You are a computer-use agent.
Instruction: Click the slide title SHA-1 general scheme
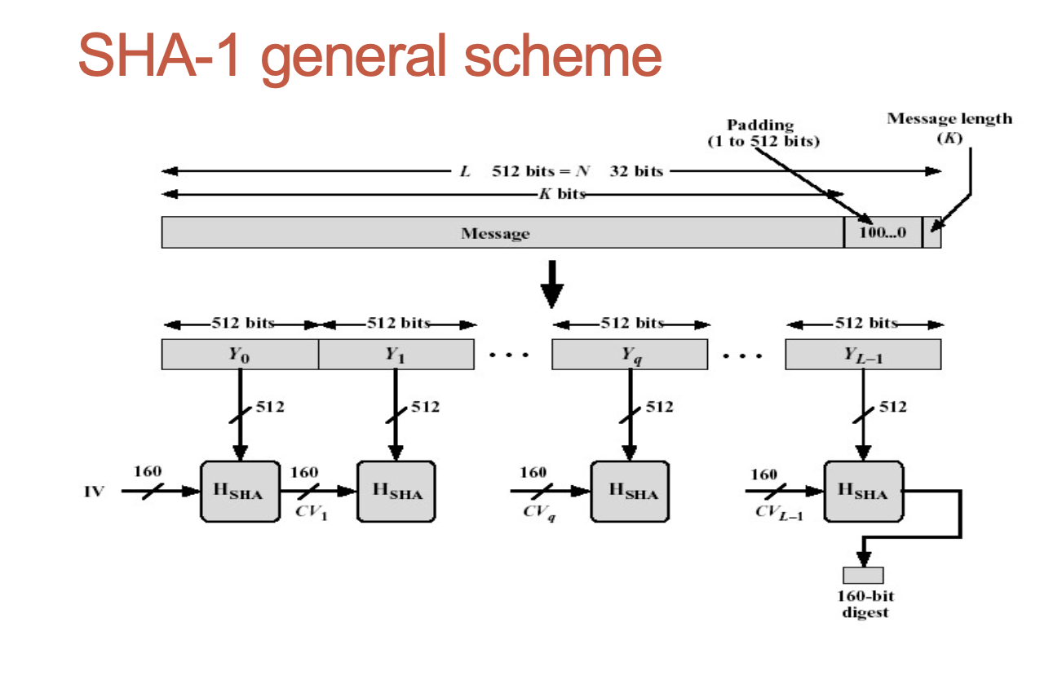(x=369, y=56)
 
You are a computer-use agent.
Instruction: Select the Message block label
(x=495, y=233)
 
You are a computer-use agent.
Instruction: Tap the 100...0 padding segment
(x=883, y=233)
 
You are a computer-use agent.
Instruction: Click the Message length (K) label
(x=949, y=127)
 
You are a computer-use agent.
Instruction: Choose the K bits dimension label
(x=562, y=194)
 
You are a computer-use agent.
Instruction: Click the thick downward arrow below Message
(x=552, y=283)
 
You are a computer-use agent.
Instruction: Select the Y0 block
(x=240, y=354)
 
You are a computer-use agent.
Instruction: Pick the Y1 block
(x=396, y=354)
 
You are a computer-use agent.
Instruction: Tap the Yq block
(x=629, y=354)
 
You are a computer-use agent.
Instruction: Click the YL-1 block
(x=863, y=354)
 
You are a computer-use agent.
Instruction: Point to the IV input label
(x=94, y=492)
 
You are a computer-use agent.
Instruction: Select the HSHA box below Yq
(x=629, y=491)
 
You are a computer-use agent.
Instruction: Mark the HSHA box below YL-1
(x=863, y=491)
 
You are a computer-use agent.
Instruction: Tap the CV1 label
(x=311, y=513)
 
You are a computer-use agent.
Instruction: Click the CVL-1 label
(x=778, y=513)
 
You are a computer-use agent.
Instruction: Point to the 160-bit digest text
(x=865, y=604)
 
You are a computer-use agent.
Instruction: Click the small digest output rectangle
(x=863, y=575)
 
